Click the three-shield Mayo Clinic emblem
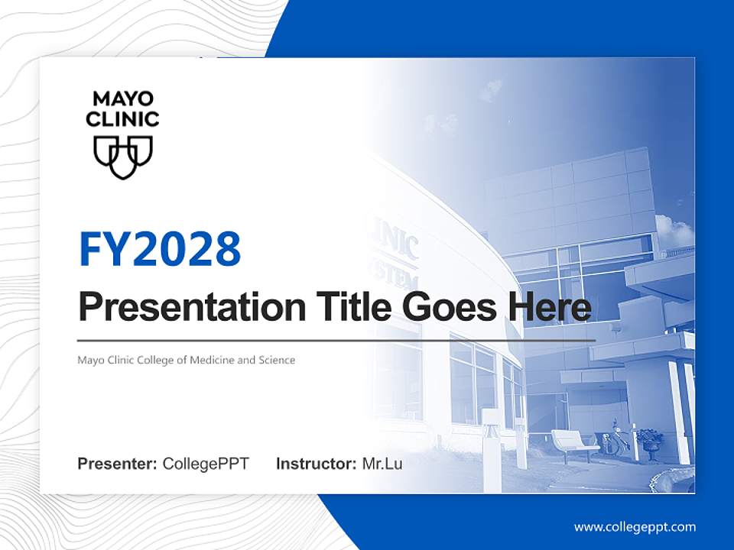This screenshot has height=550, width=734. [123, 157]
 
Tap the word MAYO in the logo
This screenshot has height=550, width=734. [123, 99]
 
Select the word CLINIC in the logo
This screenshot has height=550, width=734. [122, 119]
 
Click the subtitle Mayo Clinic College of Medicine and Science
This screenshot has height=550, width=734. [186, 360]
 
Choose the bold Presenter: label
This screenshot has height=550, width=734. [118, 464]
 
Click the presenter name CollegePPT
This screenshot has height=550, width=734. [206, 464]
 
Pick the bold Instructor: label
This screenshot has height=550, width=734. [316, 464]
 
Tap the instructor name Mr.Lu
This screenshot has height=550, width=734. [382, 464]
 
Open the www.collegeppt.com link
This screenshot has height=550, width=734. [635, 526]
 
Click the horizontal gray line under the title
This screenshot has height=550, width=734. [336, 340]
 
